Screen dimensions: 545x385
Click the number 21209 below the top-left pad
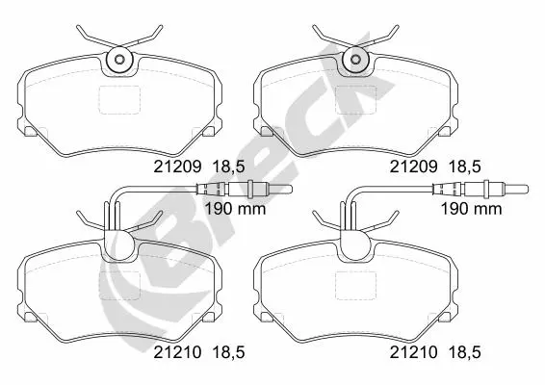pyautogui.click(x=177, y=167)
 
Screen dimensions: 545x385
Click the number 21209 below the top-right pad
pyautogui.click(x=413, y=167)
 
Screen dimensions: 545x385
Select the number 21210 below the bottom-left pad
pyautogui.click(x=177, y=352)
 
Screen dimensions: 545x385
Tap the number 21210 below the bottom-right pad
pyautogui.click(x=413, y=352)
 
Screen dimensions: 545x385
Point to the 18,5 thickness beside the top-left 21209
pyautogui.click(x=228, y=167)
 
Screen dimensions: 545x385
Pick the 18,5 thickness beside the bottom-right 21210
pyautogui.click(x=465, y=353)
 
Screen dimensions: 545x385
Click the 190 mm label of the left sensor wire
pyautogui.click(x=235, y=209)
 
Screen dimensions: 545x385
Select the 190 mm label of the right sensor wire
pyautogui.click(x=471, y=209)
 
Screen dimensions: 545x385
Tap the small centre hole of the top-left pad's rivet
pyautogui.click(x=118, y=60)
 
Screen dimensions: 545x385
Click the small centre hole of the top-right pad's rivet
pyautogui.click(x=355, y=60)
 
